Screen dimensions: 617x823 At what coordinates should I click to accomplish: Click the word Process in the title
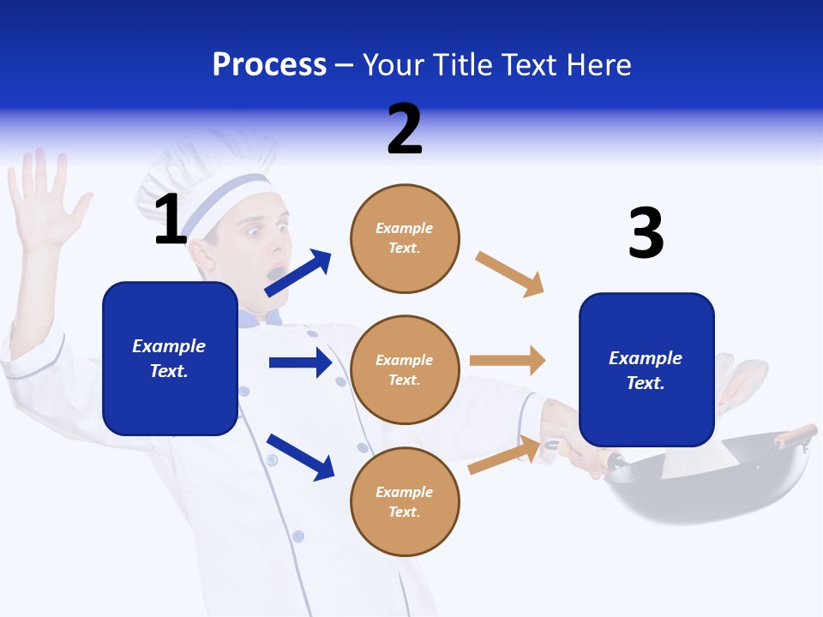(x=269, y=65)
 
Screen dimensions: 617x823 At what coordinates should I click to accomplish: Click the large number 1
(x=170, y=219)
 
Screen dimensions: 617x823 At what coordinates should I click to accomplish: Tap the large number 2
(x=405, y=129)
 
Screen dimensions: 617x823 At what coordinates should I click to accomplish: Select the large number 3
(x=646, y=233)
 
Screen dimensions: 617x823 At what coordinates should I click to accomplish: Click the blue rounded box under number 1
(x=170, y=358)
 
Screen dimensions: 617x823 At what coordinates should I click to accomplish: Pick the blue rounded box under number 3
(x=646, y=370)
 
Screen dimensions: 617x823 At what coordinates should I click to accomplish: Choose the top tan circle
(x=405, y=238)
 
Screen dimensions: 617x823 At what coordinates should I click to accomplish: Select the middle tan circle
(x=405, y=370)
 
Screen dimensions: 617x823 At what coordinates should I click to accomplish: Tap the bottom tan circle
(x=405, y=502)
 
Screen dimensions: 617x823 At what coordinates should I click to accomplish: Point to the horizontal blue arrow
(x=300, y=362)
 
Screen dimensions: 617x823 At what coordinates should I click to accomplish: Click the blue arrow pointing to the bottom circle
(x=300, y=456)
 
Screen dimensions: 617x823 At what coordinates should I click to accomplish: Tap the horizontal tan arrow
(x=508, y=360)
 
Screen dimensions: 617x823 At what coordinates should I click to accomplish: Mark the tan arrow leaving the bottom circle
(x=504, y=455)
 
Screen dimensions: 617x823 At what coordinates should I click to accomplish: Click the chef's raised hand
(x=43, y=201)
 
